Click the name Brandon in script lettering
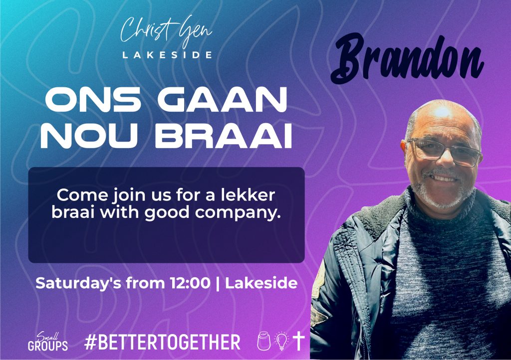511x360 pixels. [x=407, y=59]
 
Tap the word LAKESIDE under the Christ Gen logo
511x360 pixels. [x=167, y=55]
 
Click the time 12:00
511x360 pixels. [x=190, y=283]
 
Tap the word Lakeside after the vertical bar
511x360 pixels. [x=261, y=283]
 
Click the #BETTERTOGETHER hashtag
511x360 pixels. [x=162, y=342]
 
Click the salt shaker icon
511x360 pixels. [x=263, y=341]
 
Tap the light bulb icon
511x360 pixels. [x=281, y=341]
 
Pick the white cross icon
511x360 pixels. [x=298, y=341]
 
